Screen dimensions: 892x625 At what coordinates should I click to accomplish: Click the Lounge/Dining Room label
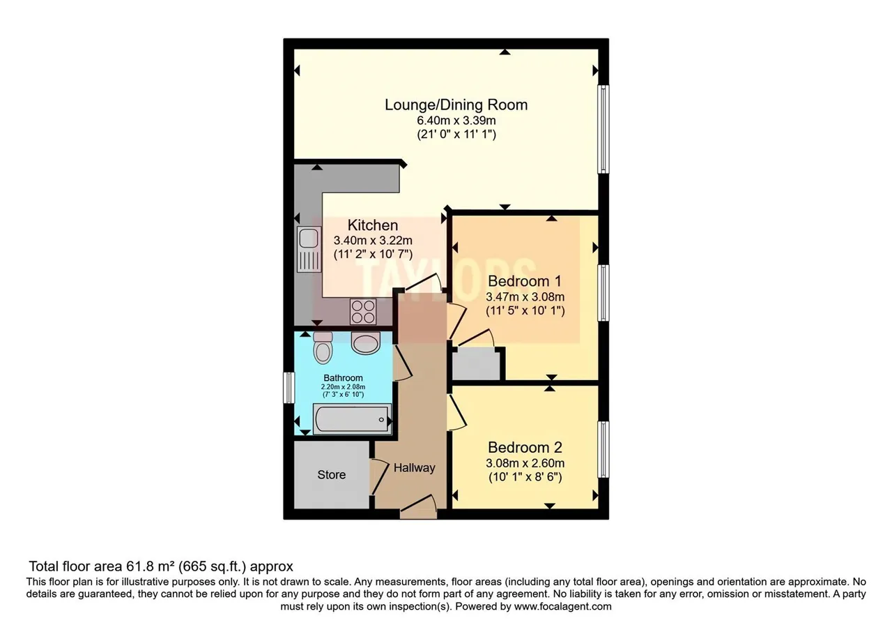tap(456, 105)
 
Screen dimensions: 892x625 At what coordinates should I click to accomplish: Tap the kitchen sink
tap(309, 250)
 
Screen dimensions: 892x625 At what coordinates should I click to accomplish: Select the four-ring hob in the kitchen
tap(363, 312)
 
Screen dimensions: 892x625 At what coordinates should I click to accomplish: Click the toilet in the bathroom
tap(323, 347)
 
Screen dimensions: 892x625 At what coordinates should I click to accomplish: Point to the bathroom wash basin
tap(366, 344)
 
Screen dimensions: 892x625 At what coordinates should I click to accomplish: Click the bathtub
tap(353, 419)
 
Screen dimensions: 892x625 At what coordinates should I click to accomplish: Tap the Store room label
tap(331, 475)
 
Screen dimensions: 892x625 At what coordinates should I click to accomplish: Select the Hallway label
tap(414, 468)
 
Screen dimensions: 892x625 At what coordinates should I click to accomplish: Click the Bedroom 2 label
tap(525, 447)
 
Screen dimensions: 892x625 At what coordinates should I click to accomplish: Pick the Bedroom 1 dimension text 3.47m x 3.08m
tap(525, 296)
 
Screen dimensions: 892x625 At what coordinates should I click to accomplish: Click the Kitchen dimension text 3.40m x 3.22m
tap(373, 241)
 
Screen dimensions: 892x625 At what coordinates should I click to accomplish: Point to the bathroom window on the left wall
tap(289, 387)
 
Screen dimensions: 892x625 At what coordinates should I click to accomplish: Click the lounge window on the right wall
tap(603, 129)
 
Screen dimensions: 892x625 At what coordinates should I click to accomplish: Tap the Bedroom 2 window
tap(603, 450)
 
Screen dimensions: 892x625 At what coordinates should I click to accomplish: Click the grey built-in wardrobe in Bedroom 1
tap(476, 363)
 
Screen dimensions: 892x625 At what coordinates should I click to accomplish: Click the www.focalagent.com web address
tap(562, 607)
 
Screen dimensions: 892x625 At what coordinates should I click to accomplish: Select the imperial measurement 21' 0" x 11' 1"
tap(456, 135)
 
